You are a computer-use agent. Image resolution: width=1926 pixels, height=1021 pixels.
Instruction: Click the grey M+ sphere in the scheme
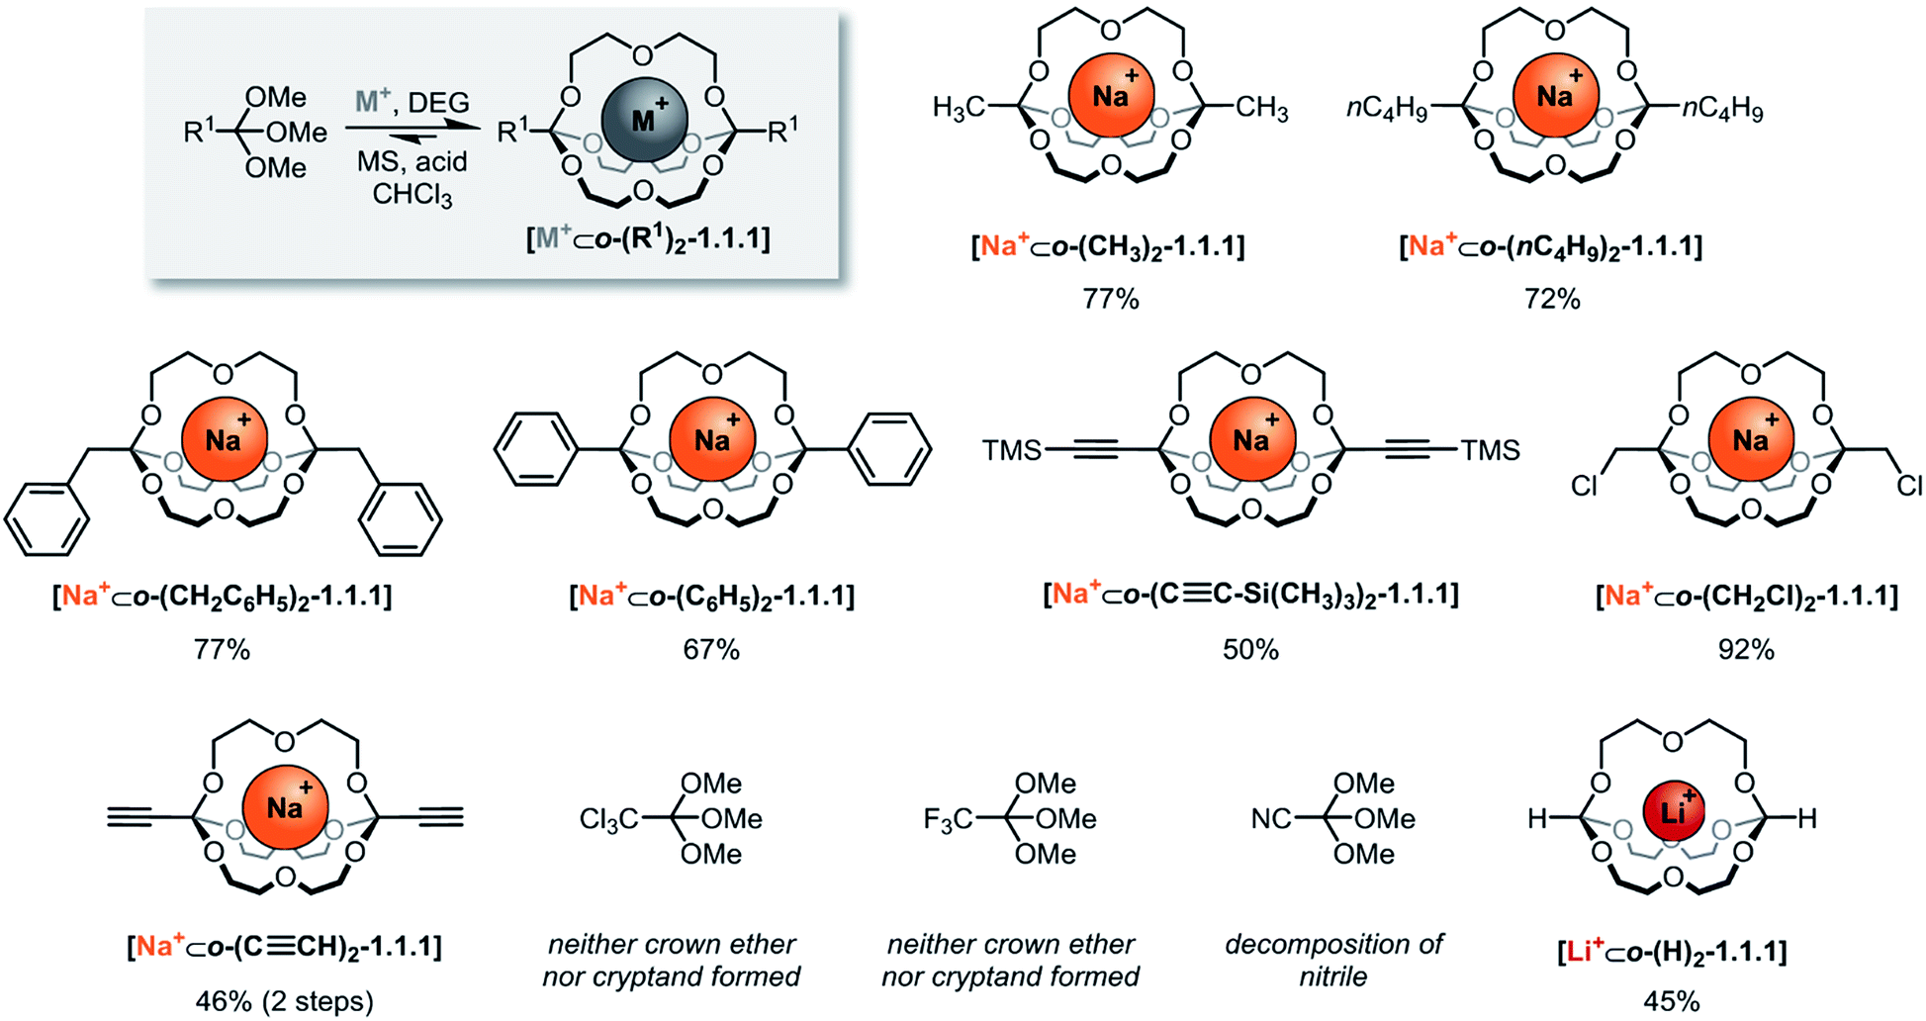point(644,120)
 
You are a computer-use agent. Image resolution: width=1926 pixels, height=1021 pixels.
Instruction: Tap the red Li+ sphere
point(1673,812)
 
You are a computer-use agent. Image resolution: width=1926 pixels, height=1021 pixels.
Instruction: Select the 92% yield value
point(1746,650)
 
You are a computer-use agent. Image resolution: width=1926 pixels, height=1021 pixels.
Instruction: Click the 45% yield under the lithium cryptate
point(1672,1001)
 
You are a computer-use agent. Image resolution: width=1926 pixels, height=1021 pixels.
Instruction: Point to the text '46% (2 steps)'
point(284,1001)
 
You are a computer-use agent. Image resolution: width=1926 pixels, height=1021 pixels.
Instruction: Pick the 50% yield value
point(1250,650)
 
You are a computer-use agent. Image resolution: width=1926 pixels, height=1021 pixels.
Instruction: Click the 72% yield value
point(1552,299)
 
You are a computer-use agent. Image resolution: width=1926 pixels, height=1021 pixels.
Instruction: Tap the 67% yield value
point(711,650)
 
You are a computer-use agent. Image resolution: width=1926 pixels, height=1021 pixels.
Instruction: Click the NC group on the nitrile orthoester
point(1271,819)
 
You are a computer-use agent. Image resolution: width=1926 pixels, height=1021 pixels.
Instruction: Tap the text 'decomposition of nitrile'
point(1333,960)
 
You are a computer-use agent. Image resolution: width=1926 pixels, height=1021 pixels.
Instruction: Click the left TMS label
point(1011,451)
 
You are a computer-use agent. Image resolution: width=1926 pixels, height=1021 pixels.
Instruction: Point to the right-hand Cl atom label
point(1909,486)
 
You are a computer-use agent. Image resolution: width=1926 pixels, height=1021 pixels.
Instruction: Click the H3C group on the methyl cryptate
point(959,108)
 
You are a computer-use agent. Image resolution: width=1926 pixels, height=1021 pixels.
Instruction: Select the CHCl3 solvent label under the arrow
point(413,194)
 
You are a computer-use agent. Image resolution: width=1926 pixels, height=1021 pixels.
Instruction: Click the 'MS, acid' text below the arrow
point(413,161)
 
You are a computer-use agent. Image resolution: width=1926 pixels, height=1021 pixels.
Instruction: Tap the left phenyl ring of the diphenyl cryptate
point(535,450)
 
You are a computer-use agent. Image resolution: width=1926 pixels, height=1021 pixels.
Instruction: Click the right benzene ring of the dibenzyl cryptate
point(400,519)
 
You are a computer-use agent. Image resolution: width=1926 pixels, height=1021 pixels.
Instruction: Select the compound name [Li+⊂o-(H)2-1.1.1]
point(1672,953)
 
